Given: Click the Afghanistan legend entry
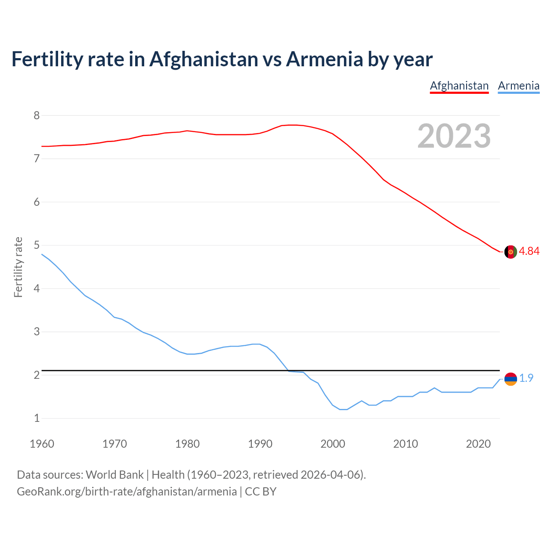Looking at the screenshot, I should click(459, 86).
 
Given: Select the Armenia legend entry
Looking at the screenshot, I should click(518, 86).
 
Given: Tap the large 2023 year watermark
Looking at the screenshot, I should click(454, 136).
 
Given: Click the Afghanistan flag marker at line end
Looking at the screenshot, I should click(511, 252).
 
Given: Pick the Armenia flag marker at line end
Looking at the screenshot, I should click(511, 379).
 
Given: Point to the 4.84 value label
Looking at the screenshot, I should click(529, 251).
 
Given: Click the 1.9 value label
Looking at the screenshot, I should click(526, 378).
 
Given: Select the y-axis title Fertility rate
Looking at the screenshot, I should click(18, 267).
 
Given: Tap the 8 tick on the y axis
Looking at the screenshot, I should click(37, 115).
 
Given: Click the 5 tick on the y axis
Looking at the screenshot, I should click(37, 245).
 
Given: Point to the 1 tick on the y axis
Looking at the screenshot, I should click(37, 418).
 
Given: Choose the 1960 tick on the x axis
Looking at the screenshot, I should click(42, 444).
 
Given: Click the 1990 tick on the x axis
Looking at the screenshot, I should click(260, 444).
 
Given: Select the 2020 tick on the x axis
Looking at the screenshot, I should click(478, 444).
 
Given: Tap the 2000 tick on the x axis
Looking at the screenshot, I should click(333, 444).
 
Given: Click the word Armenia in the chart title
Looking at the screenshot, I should click(324, 59).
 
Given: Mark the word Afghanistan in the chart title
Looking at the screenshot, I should click(204, 59).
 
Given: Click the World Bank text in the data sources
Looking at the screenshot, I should click(115, 474).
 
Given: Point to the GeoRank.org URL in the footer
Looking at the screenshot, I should click(127, 491).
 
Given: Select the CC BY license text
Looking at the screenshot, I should click(260, 491).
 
